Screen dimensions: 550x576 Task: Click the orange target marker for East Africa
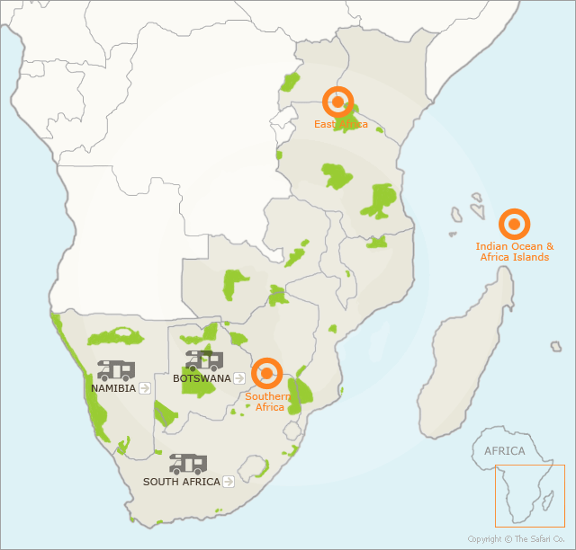coord(338,102)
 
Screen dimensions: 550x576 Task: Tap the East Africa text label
coord(340,124)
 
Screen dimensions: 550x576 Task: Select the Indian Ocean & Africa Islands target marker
coord(514,224)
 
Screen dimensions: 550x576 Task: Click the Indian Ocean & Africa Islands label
coord(515,252)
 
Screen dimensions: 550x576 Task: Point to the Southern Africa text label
coord(267,402)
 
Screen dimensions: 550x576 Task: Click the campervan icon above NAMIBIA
coord(116,369)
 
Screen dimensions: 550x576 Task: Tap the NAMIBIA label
coord(113,388)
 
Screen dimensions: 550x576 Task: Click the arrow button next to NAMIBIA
coord(145,388)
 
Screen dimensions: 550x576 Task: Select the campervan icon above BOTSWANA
coord(204,360)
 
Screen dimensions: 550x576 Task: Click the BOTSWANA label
coord(202,378)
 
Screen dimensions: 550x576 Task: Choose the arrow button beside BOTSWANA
coord(238,378)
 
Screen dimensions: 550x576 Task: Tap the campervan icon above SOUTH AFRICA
coord(188,464)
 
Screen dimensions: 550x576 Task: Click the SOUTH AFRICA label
coord(182,482)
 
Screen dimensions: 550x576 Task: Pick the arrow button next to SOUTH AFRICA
coord(229,482)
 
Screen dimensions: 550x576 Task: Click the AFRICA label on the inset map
coord(504,451)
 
